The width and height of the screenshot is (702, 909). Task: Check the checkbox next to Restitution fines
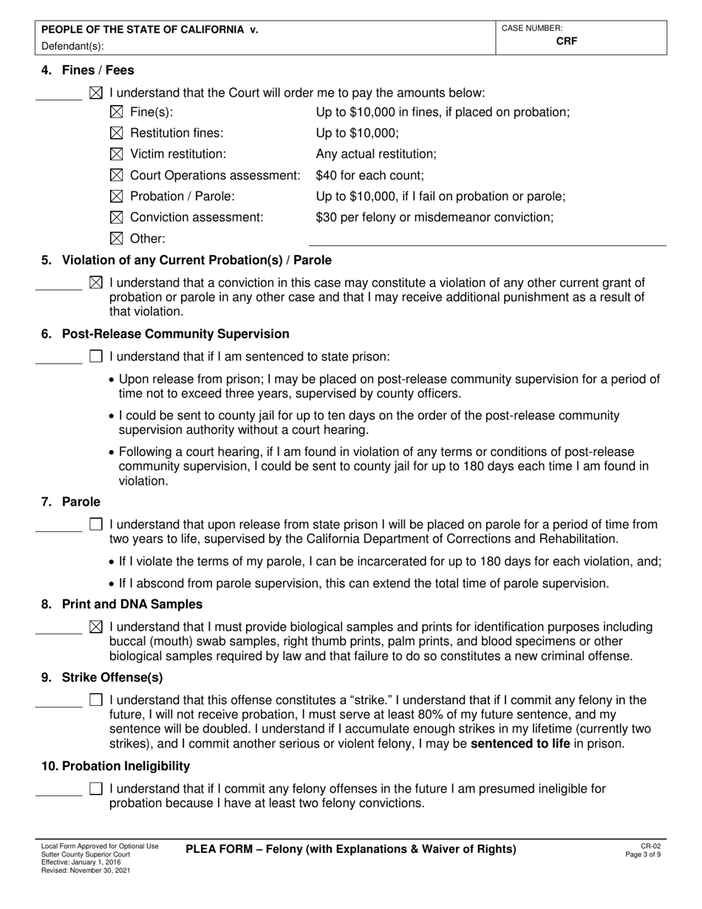[116, 133]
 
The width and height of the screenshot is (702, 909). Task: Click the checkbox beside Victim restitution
[116, 154]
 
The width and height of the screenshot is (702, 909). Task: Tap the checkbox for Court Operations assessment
[116, 175]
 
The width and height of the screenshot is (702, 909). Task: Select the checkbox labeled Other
[116, 239]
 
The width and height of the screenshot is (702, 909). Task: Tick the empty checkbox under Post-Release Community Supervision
[95, 356]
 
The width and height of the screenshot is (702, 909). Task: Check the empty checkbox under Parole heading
[95, 525]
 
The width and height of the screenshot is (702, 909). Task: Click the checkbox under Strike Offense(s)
[95, 699]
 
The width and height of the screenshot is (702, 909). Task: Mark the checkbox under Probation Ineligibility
[95, 789]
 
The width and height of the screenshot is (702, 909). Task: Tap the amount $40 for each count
[369, 176]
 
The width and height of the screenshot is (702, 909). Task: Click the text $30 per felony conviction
[435, 217]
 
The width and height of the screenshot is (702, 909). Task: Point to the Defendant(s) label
[72, 46]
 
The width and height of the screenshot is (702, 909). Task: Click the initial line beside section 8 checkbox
[58, 633]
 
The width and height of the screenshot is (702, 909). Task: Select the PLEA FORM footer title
[350, 849]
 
